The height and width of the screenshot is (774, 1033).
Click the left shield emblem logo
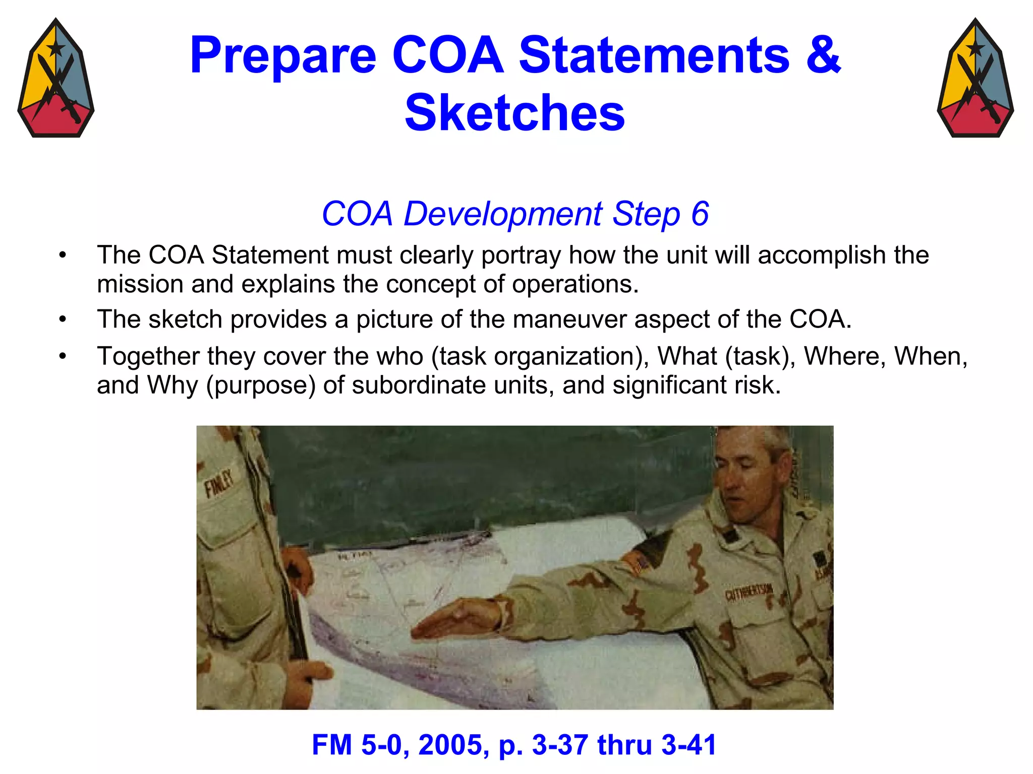click(55, 78)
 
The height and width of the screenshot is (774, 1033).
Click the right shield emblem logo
click(975, 78)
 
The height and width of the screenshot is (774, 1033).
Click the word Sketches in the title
click(514, 113)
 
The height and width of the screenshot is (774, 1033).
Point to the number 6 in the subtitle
click(700, 214)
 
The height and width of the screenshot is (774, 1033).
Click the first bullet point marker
click(63, 255)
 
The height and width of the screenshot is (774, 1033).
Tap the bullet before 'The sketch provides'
click(63, 319)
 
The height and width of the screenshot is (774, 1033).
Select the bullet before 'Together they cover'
click(63, 356)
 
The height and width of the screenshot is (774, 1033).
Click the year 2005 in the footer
click(450, 745)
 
